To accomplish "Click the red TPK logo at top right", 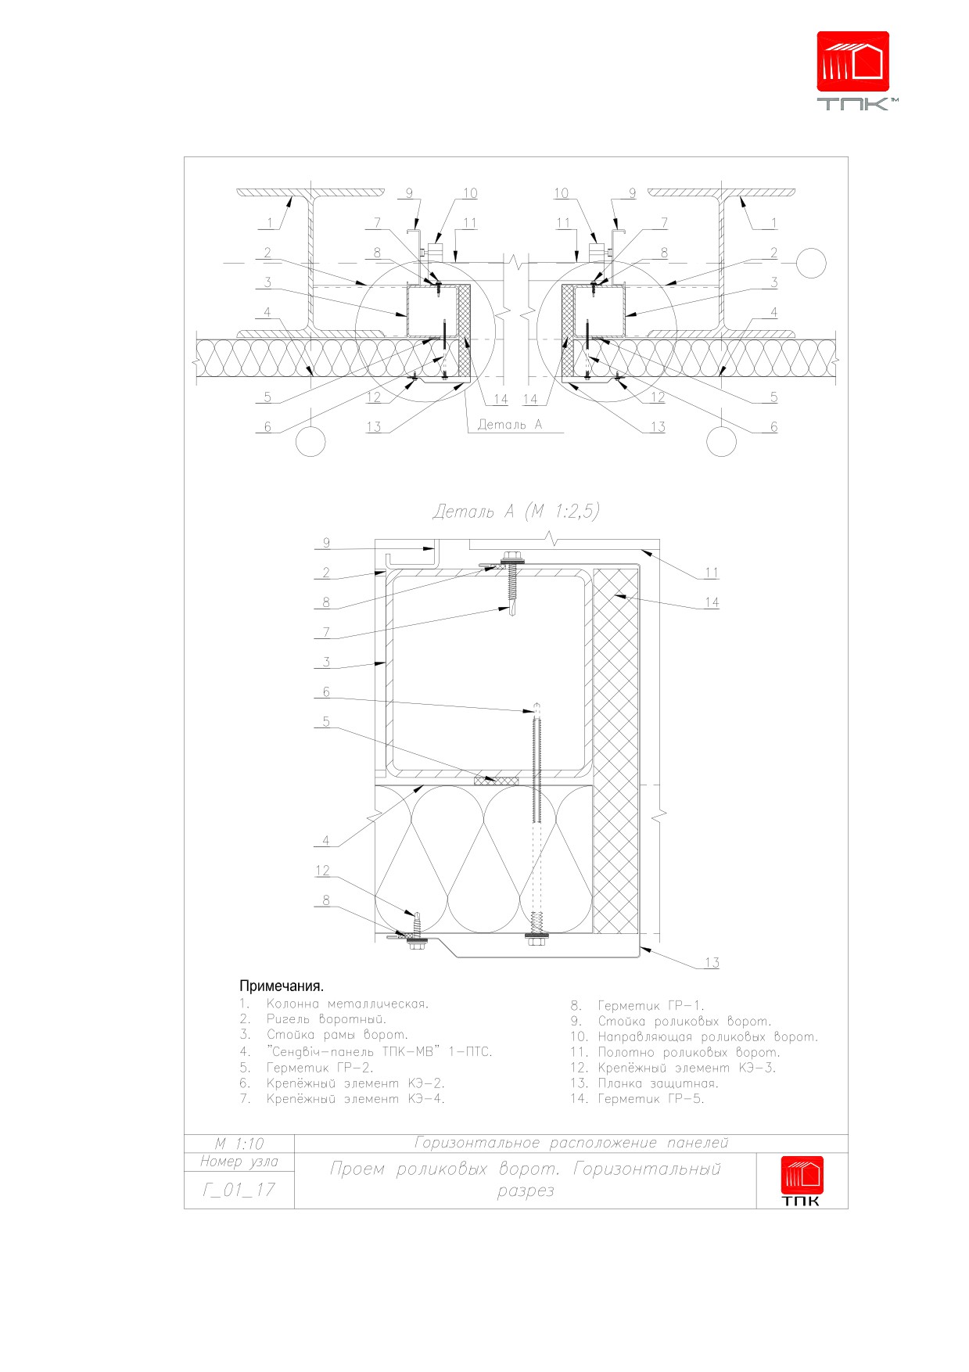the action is click(853, 70).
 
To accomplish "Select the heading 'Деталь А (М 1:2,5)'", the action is click(516, 512).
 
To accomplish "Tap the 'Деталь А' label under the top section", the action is click(509, 425).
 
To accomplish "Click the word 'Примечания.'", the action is click(282, 986).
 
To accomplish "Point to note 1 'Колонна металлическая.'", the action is click(335, 1004).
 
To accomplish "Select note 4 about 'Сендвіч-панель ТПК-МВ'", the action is click(366, 1051).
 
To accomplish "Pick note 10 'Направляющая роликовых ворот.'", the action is click(694, 1036).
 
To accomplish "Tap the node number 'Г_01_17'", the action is click(239, 1190).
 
